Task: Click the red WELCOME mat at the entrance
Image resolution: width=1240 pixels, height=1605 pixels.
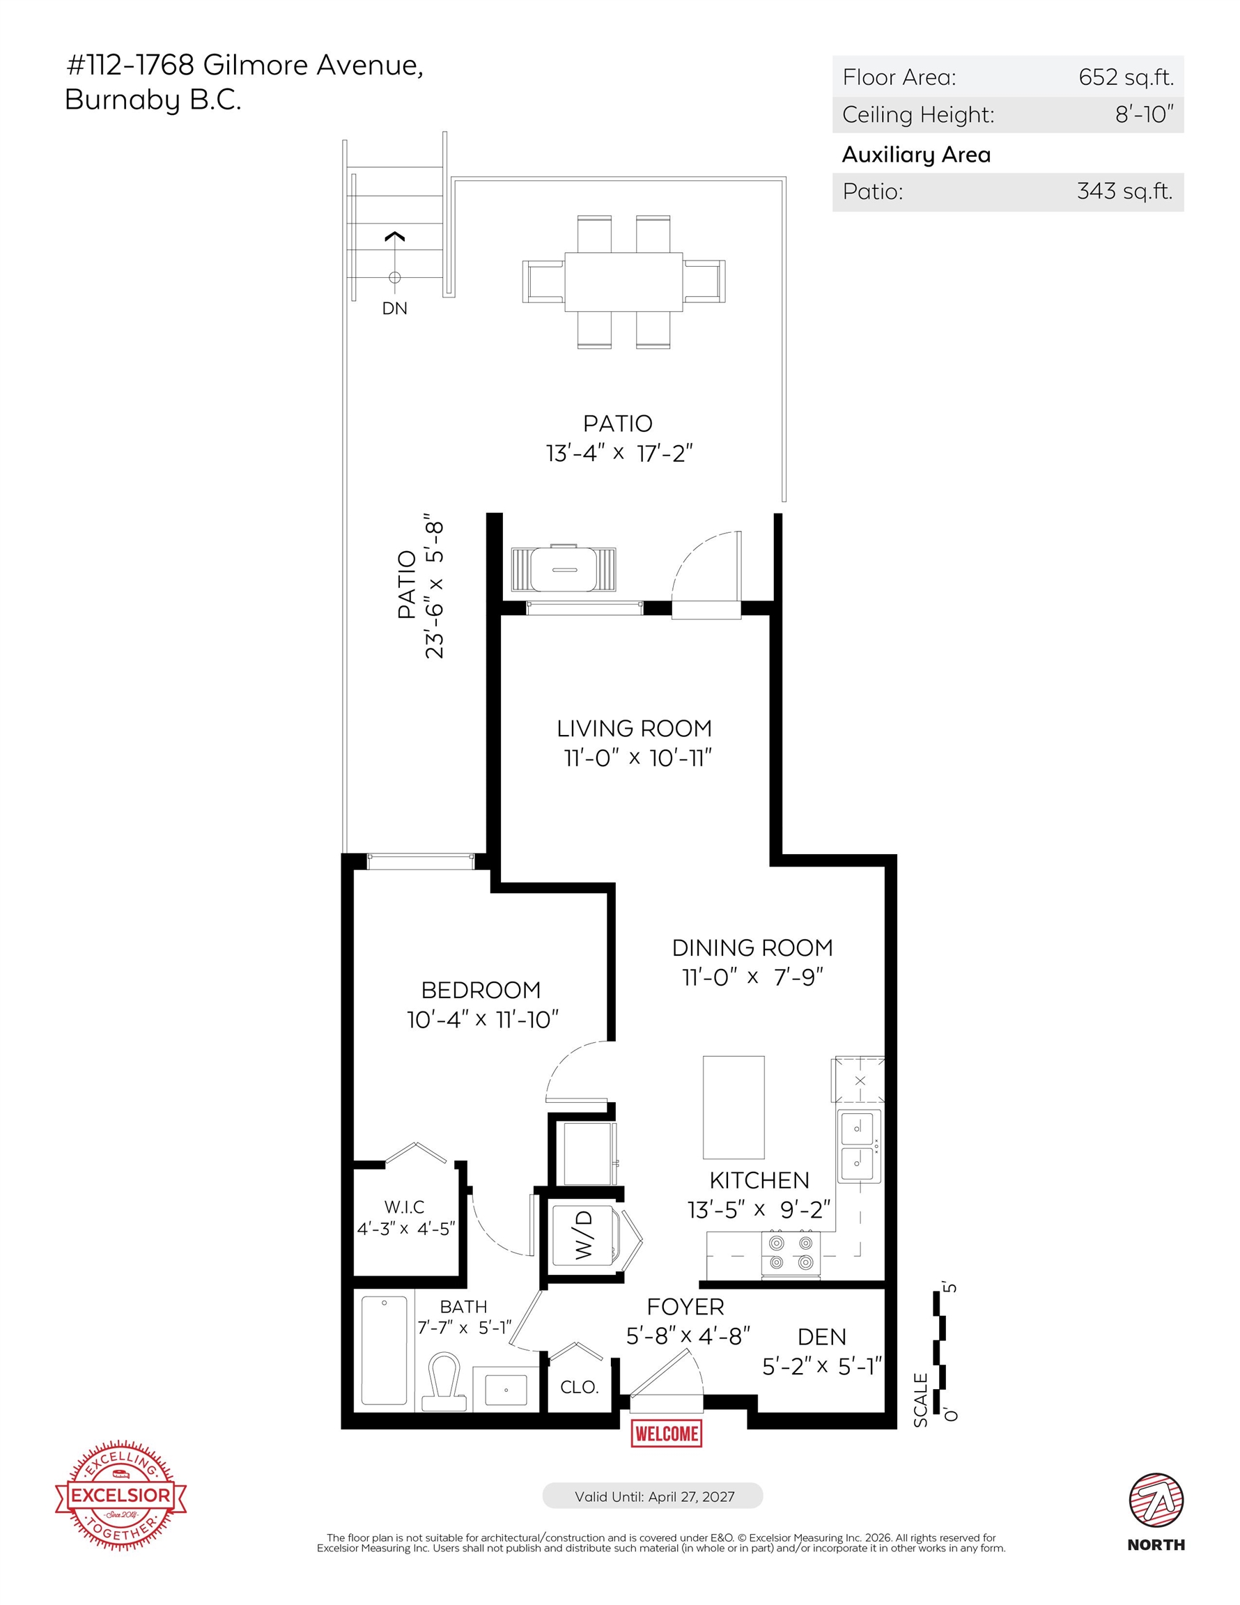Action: (667, 1433)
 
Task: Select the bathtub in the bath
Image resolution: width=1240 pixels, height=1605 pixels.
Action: (384, 1351)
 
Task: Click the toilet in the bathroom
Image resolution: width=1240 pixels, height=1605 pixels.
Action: (444, 1380)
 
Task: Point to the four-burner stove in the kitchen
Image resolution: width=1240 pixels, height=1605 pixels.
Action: (791, 1253)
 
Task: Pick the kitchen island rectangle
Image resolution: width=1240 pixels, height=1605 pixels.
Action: (734, 1108)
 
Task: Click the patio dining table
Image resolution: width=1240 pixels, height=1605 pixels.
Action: (623, 281)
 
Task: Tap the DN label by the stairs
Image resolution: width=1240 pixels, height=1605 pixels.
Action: (395, 308)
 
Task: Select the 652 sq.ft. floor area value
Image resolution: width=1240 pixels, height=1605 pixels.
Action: (1125, 77)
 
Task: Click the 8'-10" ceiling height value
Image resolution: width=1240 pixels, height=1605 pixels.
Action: (1145, 114)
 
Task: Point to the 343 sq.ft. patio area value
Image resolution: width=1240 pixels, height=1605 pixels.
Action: (1124, 191)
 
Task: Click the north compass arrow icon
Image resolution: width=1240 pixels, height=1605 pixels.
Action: (1156, 1499)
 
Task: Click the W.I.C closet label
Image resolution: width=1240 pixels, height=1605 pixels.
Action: (404, 1207)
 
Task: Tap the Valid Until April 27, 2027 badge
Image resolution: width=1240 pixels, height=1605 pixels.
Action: (653, 1496)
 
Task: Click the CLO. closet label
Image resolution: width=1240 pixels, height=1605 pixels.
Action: (579, 1387)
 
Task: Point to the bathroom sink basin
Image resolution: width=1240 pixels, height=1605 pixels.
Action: (506, 1388)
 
